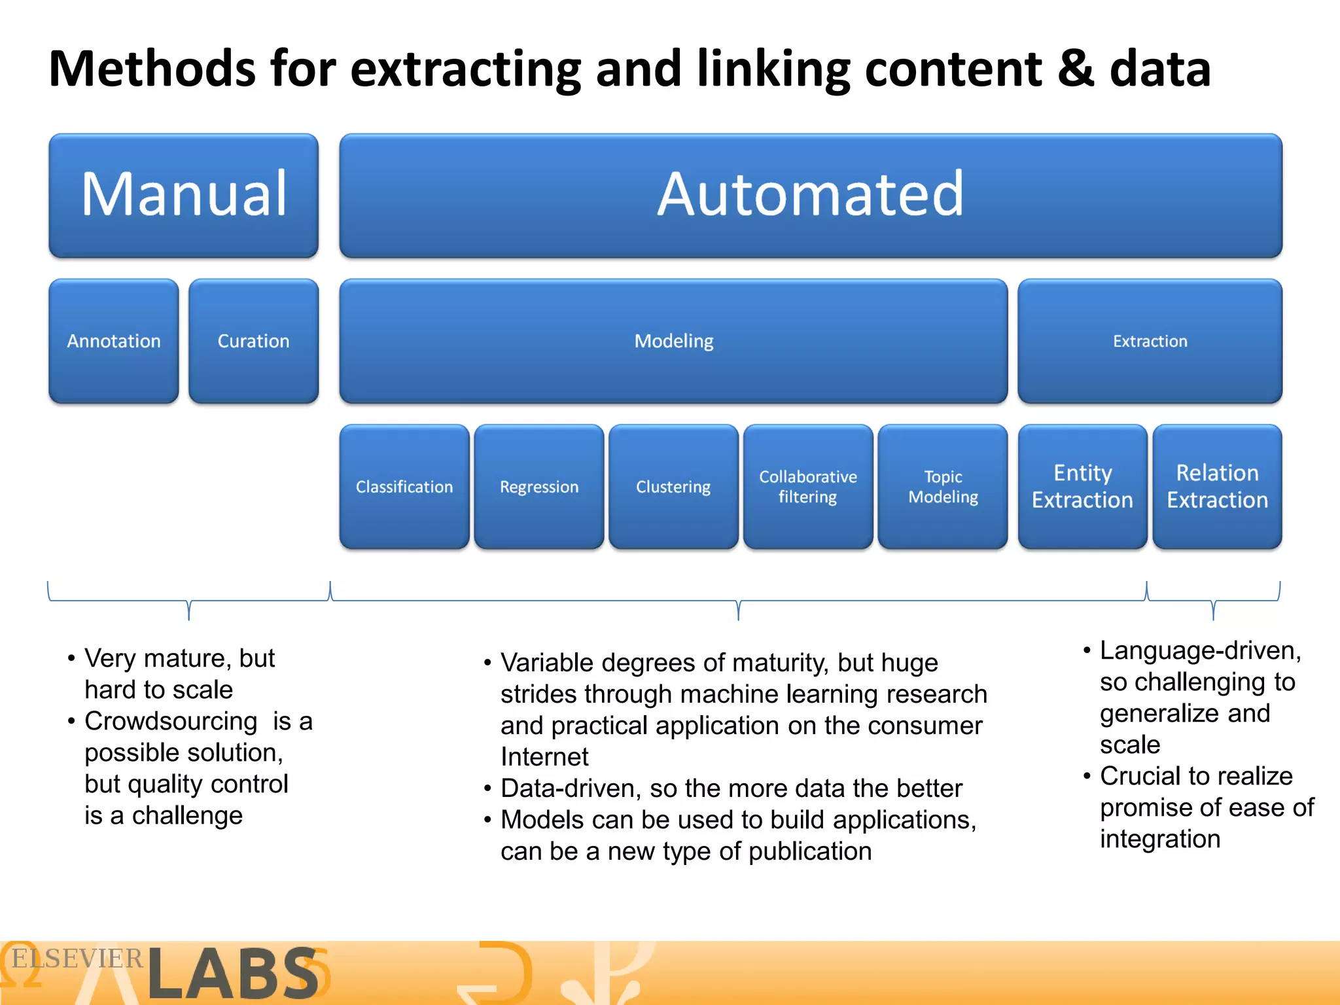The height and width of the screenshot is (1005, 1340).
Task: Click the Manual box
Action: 183,195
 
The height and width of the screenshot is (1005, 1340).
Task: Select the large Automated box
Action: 810,195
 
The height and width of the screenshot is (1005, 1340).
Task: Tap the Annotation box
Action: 114,341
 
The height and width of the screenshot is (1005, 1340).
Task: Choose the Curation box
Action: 253,341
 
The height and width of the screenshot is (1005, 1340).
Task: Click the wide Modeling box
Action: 673,341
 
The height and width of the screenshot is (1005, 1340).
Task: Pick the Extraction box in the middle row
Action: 1150,341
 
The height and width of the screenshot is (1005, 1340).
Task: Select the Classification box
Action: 404,487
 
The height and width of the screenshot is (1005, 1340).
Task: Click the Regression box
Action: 538,487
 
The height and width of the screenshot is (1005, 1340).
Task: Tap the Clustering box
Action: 673,487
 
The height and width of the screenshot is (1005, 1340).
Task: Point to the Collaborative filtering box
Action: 808,487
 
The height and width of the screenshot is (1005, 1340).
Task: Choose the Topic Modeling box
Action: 943,487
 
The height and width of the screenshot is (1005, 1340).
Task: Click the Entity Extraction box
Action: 1082,487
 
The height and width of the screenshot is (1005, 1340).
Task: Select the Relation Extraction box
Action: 1217,487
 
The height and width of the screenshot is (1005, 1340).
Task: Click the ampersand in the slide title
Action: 1075,69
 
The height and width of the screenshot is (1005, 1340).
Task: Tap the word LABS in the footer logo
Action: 233,974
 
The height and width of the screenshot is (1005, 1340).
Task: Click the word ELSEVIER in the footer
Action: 77,959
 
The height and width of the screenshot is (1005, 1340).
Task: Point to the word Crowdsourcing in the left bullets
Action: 171,721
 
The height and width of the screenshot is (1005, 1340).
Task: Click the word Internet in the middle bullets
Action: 544,757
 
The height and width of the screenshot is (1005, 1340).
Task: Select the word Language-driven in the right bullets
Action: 1200,651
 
